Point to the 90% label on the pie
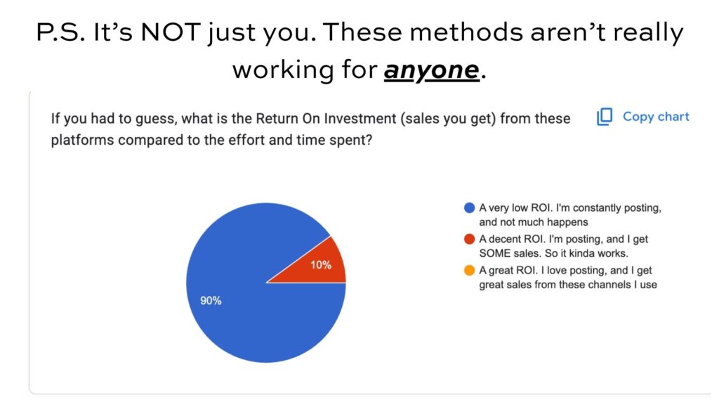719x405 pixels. (x=211, y=301)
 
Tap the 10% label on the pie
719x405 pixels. (x=321, y=265)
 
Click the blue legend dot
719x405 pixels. (x=469, y=208)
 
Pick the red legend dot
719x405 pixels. (x=469, y=239)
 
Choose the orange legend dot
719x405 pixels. (x=469, y=271)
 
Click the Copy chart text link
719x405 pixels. (x=656, y=117)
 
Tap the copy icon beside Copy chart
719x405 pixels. (x=605, y=117)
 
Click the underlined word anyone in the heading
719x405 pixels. (x=432, y=70)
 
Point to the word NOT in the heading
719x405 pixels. (x=170, y=32)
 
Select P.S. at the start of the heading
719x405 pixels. (x=60, y=32)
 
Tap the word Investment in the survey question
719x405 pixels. (x=360, y=118)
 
